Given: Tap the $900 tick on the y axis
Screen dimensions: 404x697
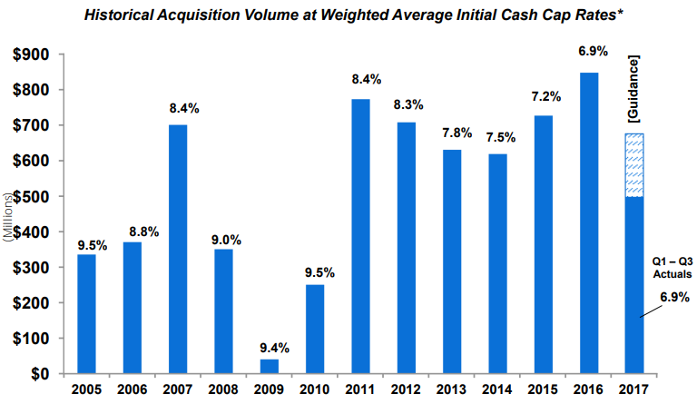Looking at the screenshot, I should [32, 54].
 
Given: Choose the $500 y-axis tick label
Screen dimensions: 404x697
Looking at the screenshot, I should [32, 196].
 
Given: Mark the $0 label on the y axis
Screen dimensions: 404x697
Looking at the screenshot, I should [44, 374].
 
